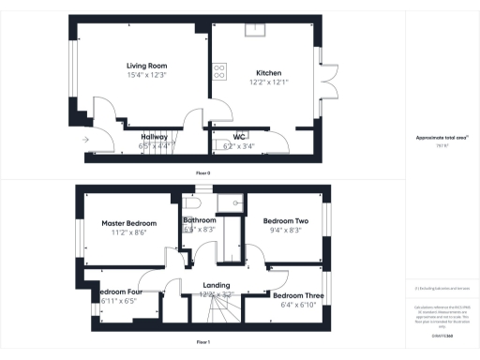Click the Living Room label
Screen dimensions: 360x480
pos(146,66)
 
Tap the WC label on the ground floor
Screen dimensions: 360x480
pos(239,137)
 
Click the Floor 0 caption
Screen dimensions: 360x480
pos(202,173)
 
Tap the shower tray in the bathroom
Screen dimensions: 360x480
pos(229,203)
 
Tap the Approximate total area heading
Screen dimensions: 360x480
pos(442,138)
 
